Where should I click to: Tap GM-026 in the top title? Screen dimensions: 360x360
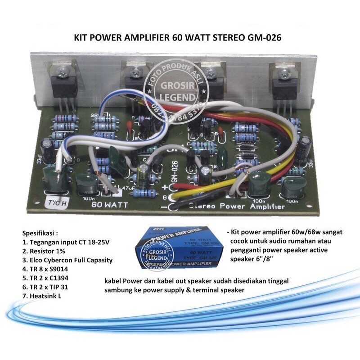click(264, 38)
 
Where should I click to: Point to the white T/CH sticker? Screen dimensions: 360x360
click(58, 202)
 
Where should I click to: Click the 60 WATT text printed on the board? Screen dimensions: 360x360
click(110, 204)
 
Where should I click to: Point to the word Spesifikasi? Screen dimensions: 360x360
click(40, 234)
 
